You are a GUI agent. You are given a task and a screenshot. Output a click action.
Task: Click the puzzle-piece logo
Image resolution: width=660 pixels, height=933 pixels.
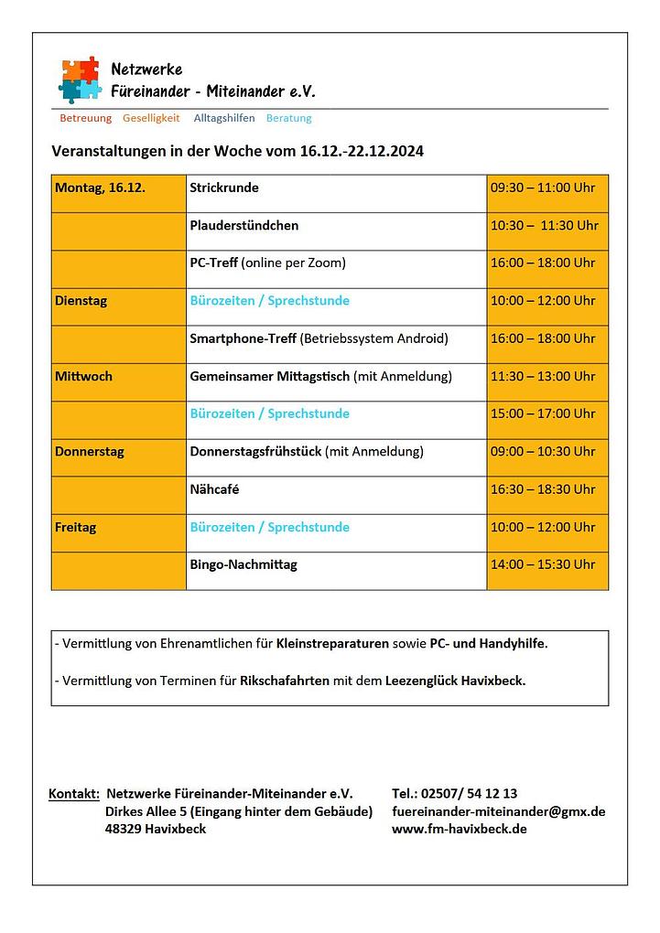80,79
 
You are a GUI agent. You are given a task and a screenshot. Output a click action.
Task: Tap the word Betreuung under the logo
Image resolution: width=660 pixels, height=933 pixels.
85,118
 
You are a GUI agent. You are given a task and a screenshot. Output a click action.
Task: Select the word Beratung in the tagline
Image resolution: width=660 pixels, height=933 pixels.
288,118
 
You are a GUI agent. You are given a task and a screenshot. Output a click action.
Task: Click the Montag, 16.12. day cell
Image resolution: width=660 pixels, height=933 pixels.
100,188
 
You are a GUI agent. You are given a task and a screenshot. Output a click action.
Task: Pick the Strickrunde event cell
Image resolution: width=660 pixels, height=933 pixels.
224,188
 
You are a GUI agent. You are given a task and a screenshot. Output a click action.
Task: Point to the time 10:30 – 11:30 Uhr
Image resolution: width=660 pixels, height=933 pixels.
544,226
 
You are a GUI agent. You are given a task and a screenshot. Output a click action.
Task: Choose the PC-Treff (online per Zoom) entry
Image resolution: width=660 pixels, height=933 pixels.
267,263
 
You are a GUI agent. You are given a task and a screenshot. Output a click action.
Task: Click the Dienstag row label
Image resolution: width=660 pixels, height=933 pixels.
81,301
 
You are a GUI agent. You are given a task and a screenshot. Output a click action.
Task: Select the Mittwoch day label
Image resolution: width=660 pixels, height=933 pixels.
83,376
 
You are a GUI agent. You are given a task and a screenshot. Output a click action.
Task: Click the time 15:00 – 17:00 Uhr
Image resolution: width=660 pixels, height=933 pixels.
543,413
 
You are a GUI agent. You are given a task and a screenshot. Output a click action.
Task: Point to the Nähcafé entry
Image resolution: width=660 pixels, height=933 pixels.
214,489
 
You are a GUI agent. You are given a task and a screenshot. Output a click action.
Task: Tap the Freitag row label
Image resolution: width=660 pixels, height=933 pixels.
75,528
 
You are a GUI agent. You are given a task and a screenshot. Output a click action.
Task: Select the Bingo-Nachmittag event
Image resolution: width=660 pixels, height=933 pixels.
243,565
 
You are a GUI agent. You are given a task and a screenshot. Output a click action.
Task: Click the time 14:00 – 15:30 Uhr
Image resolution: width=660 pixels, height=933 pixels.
543,565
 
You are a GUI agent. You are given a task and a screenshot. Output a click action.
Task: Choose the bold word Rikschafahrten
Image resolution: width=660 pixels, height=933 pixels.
285,681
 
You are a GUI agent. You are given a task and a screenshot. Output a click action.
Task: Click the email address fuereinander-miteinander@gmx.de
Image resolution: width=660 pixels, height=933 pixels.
498,811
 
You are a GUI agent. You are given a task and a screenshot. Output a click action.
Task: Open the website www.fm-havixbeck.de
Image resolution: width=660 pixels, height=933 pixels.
459,830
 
